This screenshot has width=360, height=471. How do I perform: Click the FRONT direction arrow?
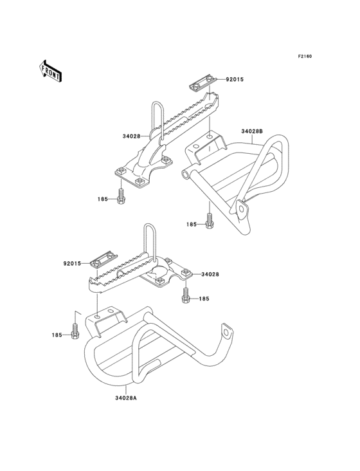(50, 71)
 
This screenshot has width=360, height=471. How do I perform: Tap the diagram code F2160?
(305, 56)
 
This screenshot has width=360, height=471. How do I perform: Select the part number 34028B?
(252, 131)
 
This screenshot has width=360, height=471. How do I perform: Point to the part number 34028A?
(126, 398)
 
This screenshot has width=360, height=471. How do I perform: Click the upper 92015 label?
(235, 80)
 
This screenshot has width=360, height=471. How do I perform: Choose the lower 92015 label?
(72, 263)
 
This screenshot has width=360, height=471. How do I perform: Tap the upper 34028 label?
(131, 136)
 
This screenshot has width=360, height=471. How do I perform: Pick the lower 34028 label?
(210, 274)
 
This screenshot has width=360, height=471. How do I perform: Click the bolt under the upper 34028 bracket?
(121, 196)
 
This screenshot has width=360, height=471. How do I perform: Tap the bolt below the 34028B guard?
(209, 221)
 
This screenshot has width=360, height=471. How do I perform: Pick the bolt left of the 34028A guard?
(75, 331)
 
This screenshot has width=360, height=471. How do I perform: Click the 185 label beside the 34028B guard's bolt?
(191, 225)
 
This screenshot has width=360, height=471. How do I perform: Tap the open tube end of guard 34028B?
(186, 174)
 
